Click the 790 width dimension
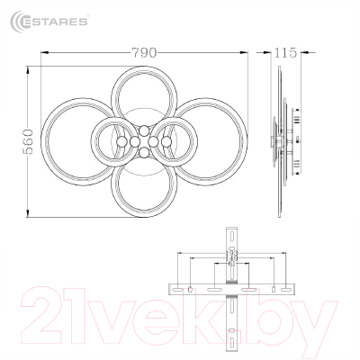[142, 52]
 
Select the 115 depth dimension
[285, 52]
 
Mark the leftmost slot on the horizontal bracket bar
[192, 289]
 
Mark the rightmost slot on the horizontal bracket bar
[273, 289]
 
